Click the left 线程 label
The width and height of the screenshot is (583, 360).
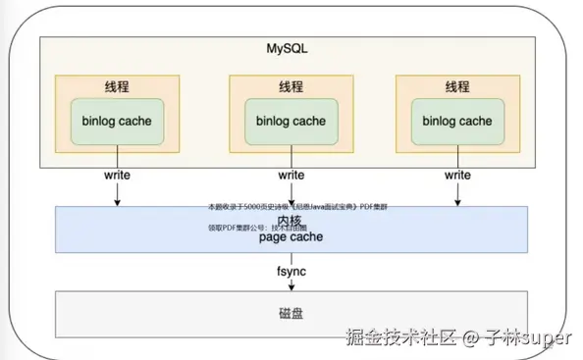coord(118,86)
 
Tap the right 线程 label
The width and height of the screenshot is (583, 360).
coord(457,86)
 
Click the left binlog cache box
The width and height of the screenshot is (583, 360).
coord(118,122)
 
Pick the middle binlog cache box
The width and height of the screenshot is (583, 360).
coord(291,122)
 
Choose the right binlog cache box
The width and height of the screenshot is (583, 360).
coord(457,122)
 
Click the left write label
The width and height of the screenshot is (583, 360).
coord(118,175)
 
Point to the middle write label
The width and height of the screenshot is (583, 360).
coord(291,175)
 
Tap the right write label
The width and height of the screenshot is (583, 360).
coord(457,175)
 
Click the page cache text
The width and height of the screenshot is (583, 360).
coord(291,236)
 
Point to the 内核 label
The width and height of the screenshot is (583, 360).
coord(290,222)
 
